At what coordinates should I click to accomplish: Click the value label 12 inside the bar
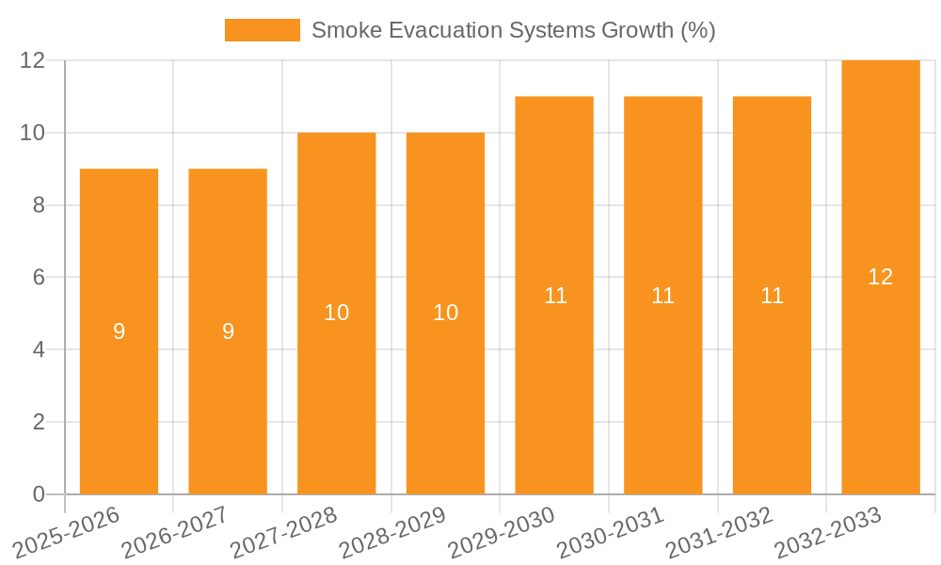[881, 277]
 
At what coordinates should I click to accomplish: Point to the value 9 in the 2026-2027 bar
[228, 331]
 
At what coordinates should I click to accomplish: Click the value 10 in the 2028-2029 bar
[445, 313]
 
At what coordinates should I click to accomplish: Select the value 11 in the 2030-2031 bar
[663, 296]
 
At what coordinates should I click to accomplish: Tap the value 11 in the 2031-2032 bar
[772, 296]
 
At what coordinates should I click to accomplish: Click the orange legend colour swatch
[263, 30]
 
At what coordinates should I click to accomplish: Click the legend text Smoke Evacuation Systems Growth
[513, 30]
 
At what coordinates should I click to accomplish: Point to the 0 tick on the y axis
[39, 494]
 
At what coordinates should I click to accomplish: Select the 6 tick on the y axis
[39, 278]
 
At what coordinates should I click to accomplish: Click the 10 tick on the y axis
[33, 133]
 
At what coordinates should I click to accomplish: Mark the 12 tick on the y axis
[33, 60]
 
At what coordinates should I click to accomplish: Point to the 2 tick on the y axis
[39, 422]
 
